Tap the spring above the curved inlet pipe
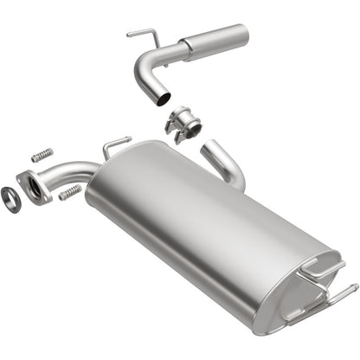[x=38, y=156]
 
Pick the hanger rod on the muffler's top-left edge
[x=115, y=144]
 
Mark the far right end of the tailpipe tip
[x=246, y=35]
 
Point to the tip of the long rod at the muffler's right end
[x=356, y=287]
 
